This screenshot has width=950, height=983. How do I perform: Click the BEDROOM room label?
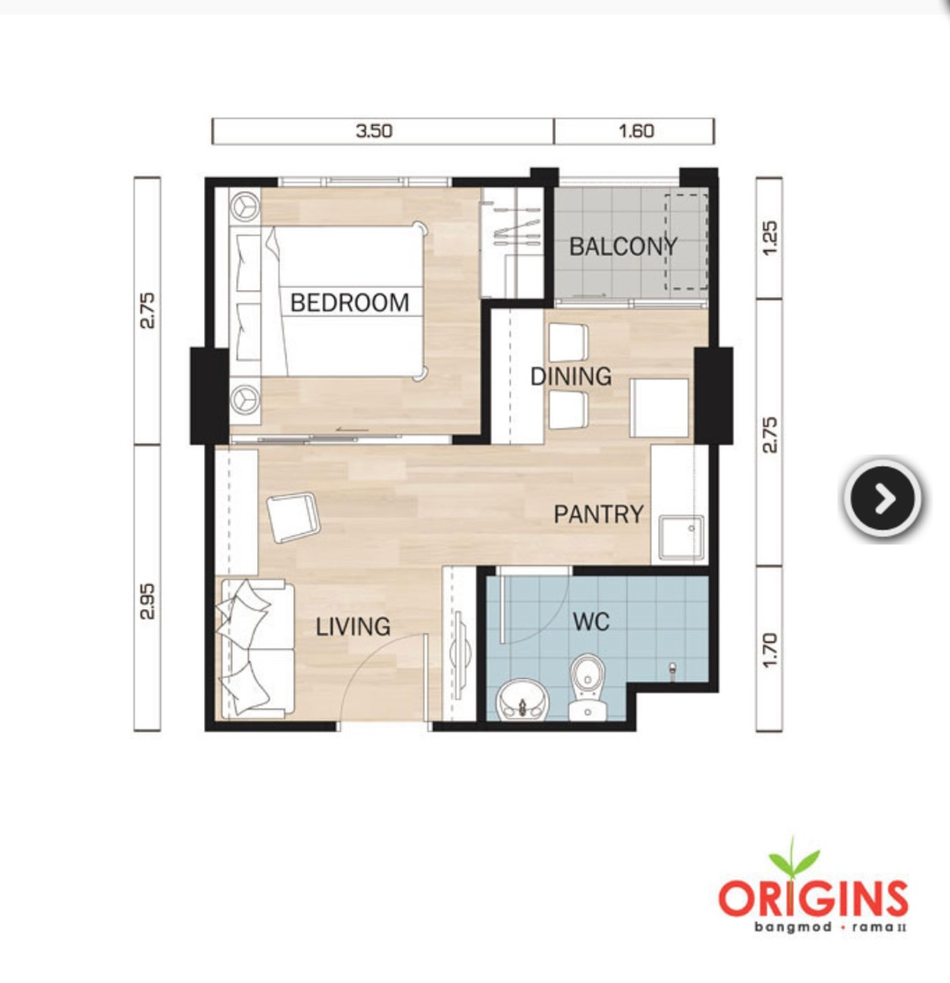click(x=349, y=303)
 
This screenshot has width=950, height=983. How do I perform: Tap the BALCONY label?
click(x=623, y=246)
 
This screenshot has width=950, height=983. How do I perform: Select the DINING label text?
click(x=571, y=377)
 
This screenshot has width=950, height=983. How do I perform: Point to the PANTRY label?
click(x=598, y=514)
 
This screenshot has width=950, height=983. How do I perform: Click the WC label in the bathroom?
click(x=591, y=622)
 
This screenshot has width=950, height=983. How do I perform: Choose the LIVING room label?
click(x=353, y=627)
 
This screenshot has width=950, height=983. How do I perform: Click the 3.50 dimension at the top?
click(x=374, y=131)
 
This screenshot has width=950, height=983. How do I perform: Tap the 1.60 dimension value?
click(x=636, y=131)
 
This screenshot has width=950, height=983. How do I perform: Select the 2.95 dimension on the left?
click(x=148, y=602)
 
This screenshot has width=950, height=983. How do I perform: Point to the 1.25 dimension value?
click(x=769, y=238)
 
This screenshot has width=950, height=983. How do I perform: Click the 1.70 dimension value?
click(x=769, y=650)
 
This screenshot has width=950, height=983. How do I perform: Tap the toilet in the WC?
click(x=587, y=687)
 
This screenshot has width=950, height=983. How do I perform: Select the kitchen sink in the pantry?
click(x=681, y=539)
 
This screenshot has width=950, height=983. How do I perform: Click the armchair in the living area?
click(x=293, y=517)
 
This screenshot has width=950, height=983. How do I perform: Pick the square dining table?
click(x=659, y=408)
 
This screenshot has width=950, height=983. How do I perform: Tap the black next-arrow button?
click(x=883, y=498)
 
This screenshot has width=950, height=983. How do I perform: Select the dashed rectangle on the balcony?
click(x=686, y=242)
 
